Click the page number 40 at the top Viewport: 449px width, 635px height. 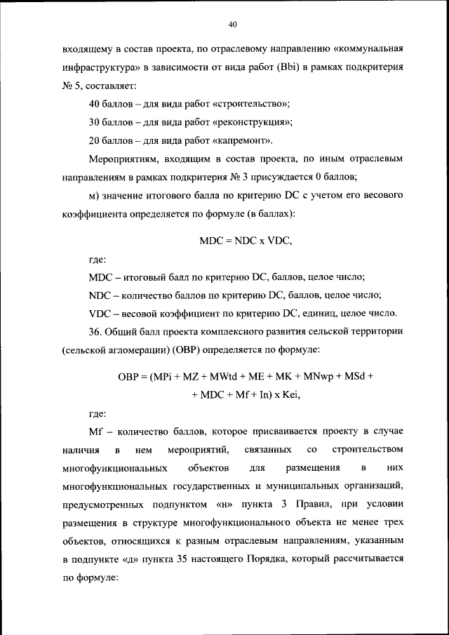point(233,25)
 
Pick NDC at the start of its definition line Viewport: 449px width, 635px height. point(101,295)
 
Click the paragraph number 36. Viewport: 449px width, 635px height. point(96,331)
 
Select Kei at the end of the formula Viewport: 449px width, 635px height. point(288,394)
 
